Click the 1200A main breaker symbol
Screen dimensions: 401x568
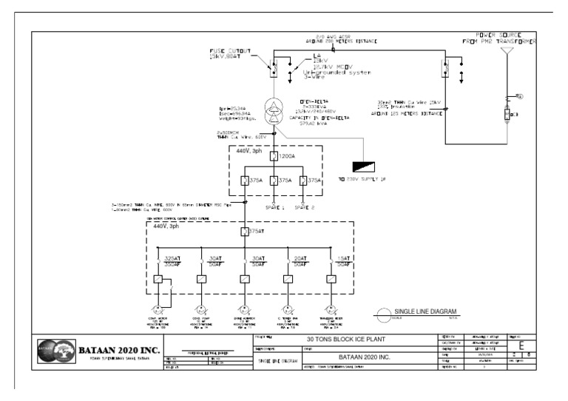pyautogui.click(x=274, y=158)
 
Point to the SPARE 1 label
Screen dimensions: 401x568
pyautogui.click(x=274, y=207)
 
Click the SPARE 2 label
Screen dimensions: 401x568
pyautogui.click(x=305, y=207)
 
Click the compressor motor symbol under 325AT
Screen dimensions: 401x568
pyautogui.click(x=158, y=309)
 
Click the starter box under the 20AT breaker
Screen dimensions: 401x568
pyautogui.click(x=287, y=280)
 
